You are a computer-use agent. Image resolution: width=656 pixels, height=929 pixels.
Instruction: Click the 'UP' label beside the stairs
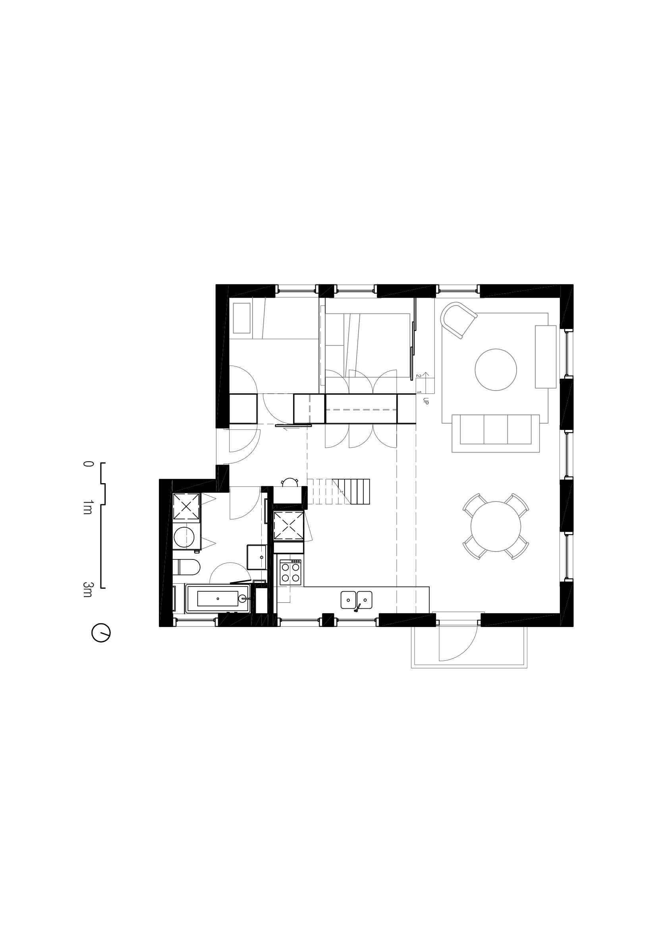click(425, 401)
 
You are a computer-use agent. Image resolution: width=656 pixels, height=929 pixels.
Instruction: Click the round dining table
click(496, 526)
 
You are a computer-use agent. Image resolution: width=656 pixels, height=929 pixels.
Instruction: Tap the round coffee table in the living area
click(496, 370)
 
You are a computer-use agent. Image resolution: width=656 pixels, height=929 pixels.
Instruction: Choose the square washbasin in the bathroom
click(257, 557)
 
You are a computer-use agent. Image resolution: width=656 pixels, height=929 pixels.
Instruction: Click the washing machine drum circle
click(184, 536)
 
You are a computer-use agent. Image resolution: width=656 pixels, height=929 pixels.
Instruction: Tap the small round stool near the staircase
click(289, 483)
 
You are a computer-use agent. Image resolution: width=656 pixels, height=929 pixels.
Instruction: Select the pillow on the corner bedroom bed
click(242, 318)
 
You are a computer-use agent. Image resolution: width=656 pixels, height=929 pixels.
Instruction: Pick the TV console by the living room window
click(546, 357)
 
